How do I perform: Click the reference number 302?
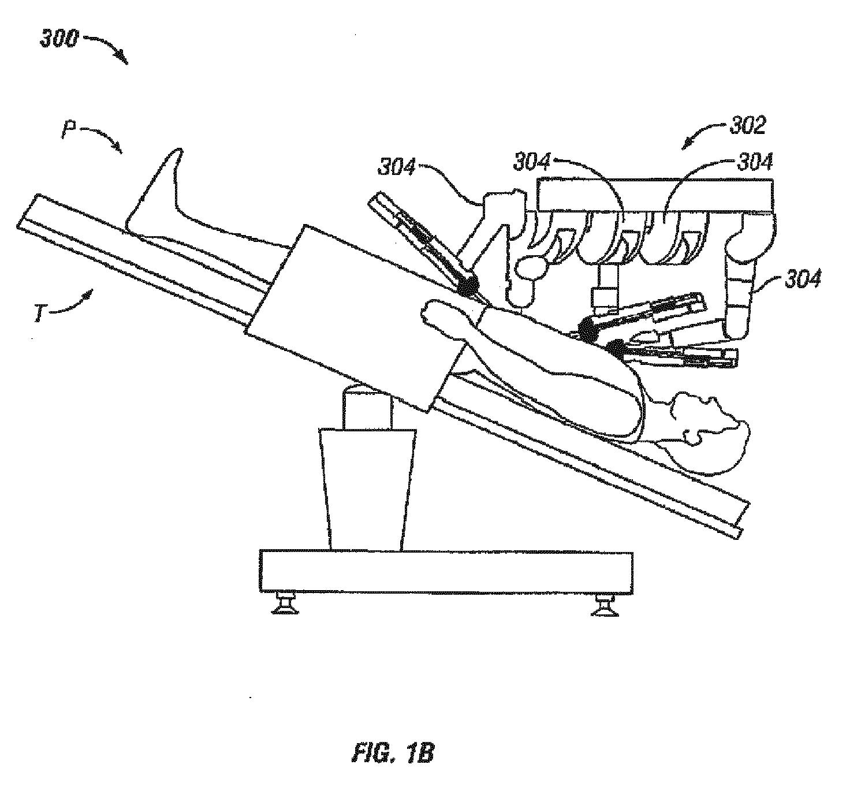(748, 125)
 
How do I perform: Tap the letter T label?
(40, 315)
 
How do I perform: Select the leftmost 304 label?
(397, 167)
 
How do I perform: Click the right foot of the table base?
(605, 606)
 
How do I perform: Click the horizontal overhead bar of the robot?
(655, 195)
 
